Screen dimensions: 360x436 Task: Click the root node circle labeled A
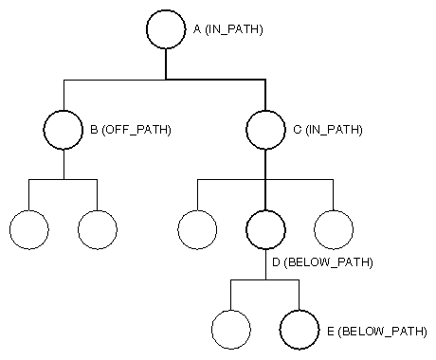click(166, 29)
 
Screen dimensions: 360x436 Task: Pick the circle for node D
click(265, 228)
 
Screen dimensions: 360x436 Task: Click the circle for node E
click(300, 330)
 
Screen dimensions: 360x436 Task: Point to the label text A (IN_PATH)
click(227, 30)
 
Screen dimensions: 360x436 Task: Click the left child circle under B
click(28, 228)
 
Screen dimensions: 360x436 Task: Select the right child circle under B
click(98, 228)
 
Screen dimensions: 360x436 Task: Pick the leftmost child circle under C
click(197, 228)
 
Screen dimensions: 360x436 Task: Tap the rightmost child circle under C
click(334, 228)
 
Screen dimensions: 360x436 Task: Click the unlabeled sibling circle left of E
click(231, 330)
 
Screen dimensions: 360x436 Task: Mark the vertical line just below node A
click(166, 64)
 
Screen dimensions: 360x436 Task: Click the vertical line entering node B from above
click(64, 96)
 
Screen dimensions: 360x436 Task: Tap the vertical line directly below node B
click(64, 164)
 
